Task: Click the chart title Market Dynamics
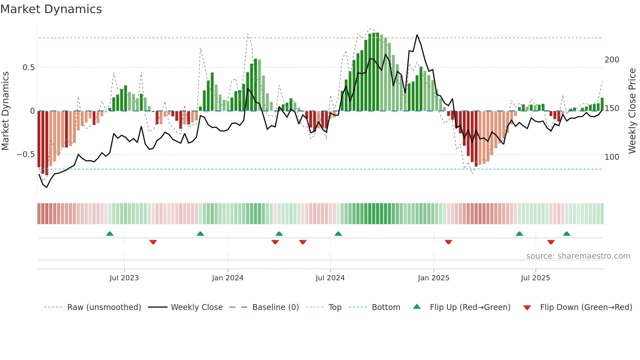coord(51,9)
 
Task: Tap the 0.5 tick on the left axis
coord(28,68)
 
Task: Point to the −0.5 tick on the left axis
coord(25,155)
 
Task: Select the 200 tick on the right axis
coord(612,60)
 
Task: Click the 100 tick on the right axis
coord(612,157)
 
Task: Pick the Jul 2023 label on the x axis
coord(124,278)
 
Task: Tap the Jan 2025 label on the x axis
coord(433,278)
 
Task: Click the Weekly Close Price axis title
coord(632,111)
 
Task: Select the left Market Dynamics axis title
coord(6,111)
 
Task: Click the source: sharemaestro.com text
coord(578,256)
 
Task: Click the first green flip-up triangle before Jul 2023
coord(110,234)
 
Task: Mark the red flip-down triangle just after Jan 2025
coord(448,242)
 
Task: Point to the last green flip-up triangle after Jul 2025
coord(567,234)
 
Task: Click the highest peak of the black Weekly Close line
coord(417,35)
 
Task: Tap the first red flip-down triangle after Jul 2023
coord(153,242)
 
